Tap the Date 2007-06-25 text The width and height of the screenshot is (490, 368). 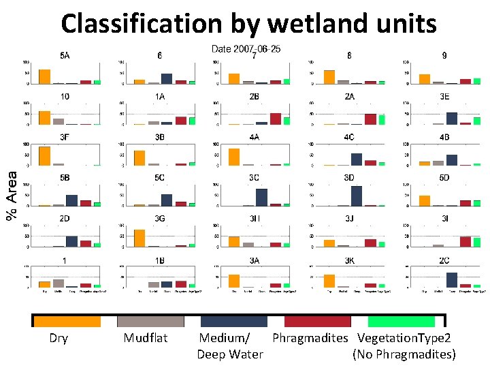click(x=246, y=49)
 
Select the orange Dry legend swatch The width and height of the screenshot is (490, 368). click(x=67, y=321)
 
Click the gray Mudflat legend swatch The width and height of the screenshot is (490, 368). click(x=150, y=321)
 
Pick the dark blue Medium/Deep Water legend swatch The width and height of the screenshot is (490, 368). click(x=233, y=321)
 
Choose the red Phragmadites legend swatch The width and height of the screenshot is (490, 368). click(x=317, y=321)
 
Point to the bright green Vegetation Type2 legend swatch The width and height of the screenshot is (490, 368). click(x=401, y=321)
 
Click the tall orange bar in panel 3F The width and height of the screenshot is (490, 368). click(x=44, y=156)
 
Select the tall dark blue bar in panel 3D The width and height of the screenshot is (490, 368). click(x=356, y=196)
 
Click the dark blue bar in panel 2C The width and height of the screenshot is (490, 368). click(x=451, y=280)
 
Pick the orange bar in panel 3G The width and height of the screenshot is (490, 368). click(x=140, y=238)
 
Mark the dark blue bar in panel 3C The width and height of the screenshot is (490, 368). click(x=261, y=198)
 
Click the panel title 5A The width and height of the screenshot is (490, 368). click(x=63, y=56)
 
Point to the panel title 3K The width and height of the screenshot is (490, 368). click(x=348, y=260)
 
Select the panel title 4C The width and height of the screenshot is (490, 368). click(x=348, y=137)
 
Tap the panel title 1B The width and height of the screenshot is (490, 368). click(x=159, y=260)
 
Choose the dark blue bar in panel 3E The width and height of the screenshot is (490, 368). click(x=451, y=119)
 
